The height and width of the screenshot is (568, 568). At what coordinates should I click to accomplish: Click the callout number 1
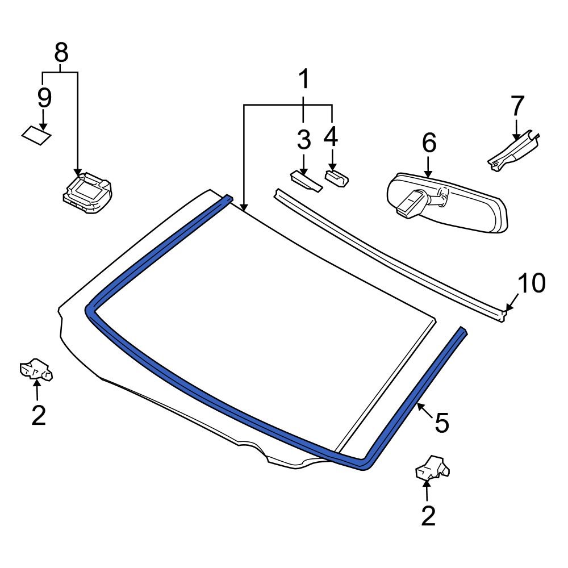click(304, 80)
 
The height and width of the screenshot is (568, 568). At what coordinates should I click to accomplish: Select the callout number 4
click(331, 137)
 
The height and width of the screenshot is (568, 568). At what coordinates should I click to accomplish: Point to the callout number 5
click(442, 423)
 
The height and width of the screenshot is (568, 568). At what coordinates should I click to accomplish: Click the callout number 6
click(429, 143)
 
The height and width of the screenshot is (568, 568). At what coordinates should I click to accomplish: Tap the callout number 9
click(44, 98)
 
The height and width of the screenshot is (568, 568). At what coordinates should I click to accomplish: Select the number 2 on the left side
click(38, 416)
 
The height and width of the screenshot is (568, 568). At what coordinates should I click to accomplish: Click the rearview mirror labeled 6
click(449, 203)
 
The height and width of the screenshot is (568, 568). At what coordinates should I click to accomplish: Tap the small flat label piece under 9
click(36, 136)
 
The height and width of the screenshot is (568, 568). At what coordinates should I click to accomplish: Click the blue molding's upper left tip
click(228, 198)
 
